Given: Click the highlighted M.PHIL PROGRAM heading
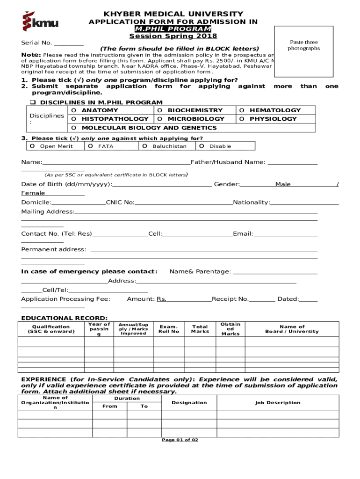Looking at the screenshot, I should click(x=173, y=29).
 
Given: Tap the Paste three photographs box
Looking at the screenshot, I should click(x=303, y=51).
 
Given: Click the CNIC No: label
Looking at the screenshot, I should click(x=120, y=203).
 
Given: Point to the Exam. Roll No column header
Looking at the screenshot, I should click(x=169, y=329).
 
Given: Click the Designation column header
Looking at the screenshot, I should click(x=189, y=403).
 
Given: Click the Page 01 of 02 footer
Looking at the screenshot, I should click(x=180, y=440).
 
